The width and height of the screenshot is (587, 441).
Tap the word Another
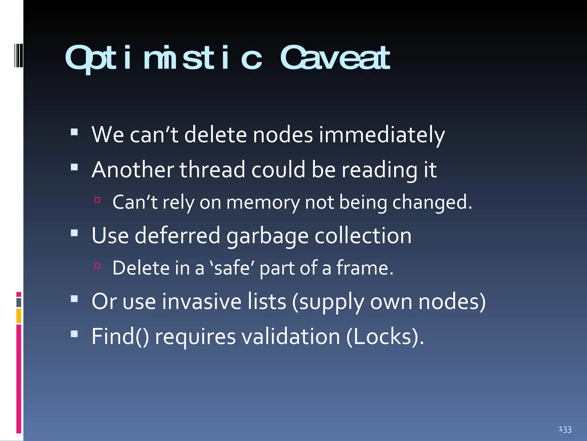pyautogui.click(x=133, y=170)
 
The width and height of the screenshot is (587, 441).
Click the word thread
pyautogui.click(x=212, y=170)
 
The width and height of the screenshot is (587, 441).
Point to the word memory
pyautogui.click(x=263, y=203)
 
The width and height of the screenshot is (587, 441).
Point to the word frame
pyautogui.click(x=364, y=268)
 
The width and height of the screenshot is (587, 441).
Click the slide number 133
pyautogui.click(x=565, y=430)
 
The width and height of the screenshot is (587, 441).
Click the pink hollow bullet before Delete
pyautogui.click(x=97, y=266)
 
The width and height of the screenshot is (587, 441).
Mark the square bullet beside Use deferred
pyautogui.click(x=74, y=233)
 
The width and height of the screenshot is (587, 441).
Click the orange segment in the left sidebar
pyautogui.click(x=19, y=316)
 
